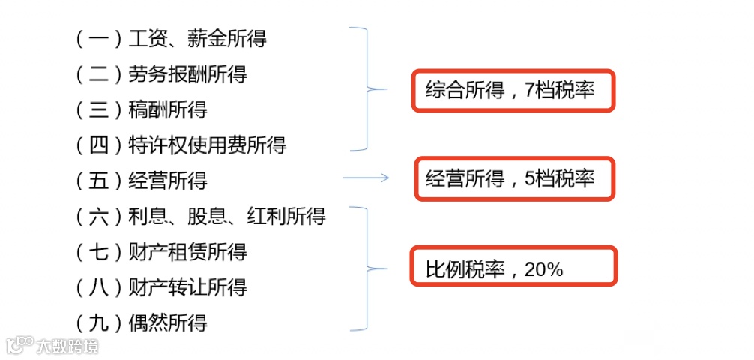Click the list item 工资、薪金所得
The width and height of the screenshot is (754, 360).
coord(197,38)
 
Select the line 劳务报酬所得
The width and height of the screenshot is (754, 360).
coord(187,74)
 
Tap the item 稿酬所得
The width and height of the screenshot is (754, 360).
coord(168,110)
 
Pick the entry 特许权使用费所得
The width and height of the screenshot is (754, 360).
coord(207,145)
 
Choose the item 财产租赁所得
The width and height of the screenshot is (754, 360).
coord(187,252)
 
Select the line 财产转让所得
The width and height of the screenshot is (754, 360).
coord(187,287)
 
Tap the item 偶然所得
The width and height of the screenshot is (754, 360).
coord(168,323)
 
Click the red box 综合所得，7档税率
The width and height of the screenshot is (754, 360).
coord(513,91)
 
